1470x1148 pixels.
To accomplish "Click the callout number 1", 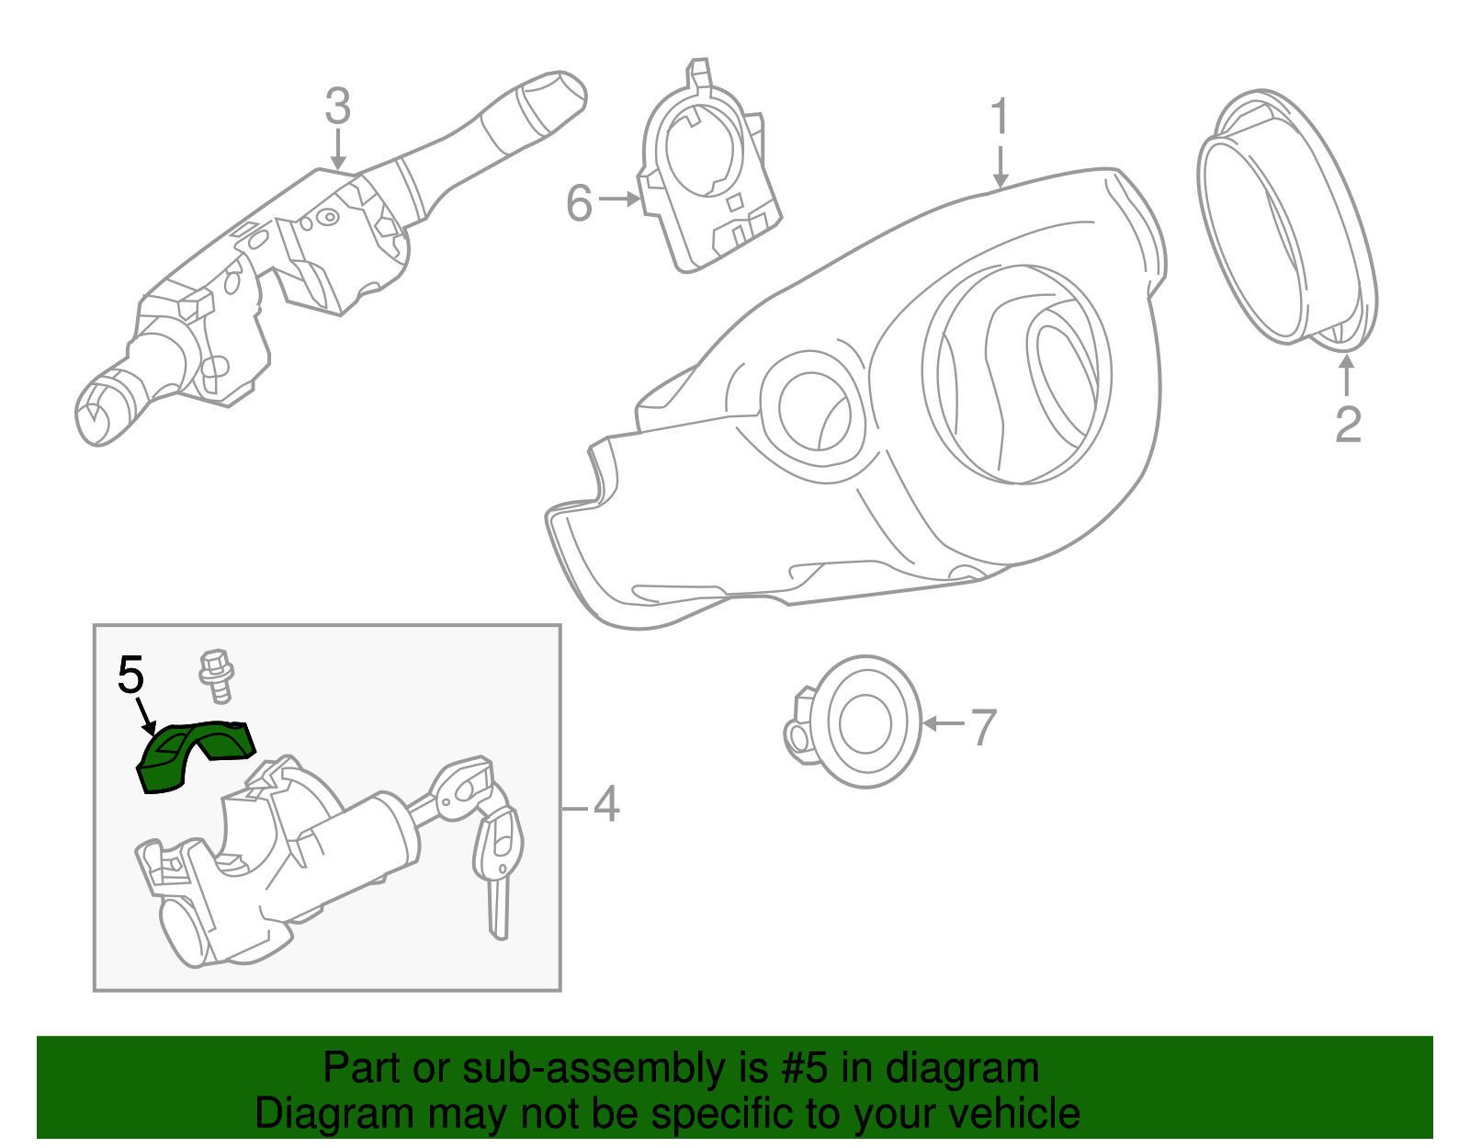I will [1000, 118].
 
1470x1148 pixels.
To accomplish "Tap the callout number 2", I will [1347, 424].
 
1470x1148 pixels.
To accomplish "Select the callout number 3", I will [337, 107].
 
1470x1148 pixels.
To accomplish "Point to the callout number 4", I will [605, 804].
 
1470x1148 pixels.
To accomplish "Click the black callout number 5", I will [130, 676].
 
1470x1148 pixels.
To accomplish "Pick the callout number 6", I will [579, 203].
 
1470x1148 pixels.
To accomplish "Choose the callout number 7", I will [983, 728].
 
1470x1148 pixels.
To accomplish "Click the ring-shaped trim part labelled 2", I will [1286, 221].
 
